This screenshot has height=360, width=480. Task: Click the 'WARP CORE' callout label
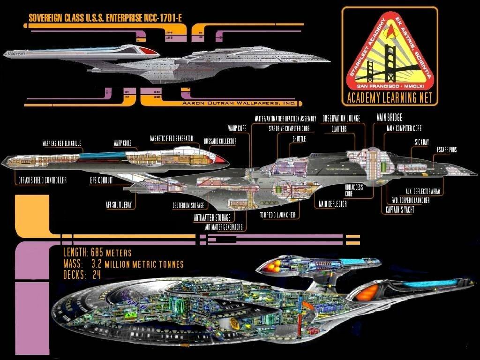point(238,127)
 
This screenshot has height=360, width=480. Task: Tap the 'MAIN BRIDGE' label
point(389,117)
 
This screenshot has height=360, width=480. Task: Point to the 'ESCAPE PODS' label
point(446,150)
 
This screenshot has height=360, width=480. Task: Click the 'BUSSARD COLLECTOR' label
point(220,141)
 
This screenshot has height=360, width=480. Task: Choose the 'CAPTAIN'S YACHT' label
point(400,210)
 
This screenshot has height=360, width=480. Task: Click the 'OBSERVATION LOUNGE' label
point(341,119)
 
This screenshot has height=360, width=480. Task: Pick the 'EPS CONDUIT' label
point(101,180)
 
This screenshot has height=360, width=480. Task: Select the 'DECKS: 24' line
point(82,275)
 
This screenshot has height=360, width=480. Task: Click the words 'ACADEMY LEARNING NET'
point(390,98)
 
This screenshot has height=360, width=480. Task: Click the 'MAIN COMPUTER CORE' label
point(404,127)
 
